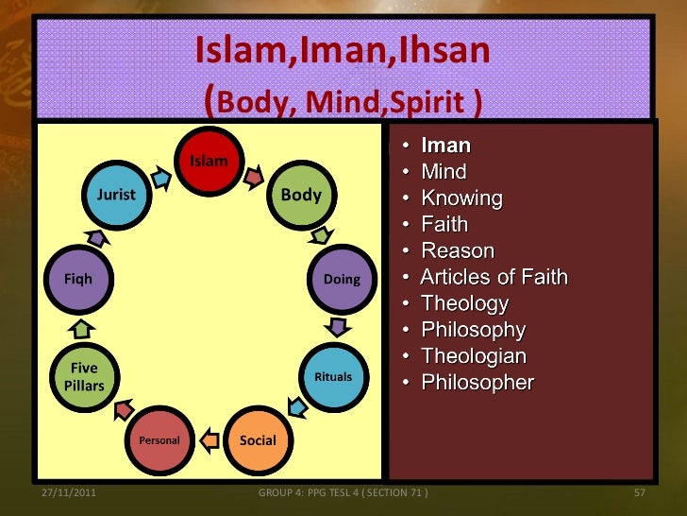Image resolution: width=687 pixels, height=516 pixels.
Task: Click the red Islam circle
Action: [x=209, y=161]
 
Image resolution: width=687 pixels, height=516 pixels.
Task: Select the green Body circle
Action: [x=301, y=195]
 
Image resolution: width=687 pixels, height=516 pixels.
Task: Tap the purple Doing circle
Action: [x=342, y=279]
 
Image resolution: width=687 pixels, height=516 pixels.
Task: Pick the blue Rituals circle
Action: [x=332, y=376]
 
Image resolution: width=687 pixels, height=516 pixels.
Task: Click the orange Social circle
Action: [x=258, y=439]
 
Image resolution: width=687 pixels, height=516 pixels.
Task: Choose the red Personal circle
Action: [x=159, y=439]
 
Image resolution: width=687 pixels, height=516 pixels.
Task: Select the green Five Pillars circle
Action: [x=84, y=377]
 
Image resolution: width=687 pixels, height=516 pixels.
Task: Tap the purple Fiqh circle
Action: [x=77, y=279]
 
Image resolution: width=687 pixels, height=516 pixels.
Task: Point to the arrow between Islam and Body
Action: [x=254, y=176]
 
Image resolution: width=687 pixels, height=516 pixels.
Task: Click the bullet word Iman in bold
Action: [x=445, y=146]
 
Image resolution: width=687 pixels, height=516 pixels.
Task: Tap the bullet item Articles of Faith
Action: [x=494, y=277]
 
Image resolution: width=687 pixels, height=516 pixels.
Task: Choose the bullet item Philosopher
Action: [x=477, y=383]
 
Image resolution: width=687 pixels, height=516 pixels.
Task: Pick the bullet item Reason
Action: [x=457, y=250]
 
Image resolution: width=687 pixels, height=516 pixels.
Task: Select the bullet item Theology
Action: [x=464, y=303]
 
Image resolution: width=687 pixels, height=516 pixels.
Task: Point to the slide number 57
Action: [x=639, y=494]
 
